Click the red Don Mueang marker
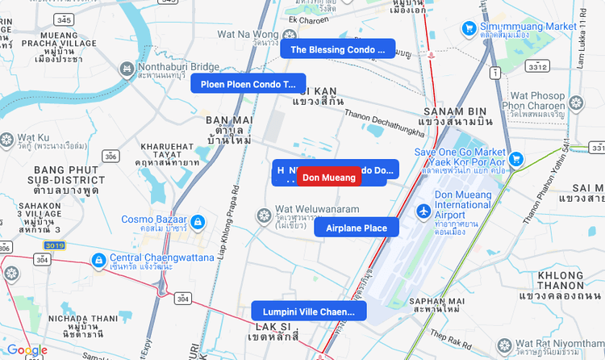coord(328,178)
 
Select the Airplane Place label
coord(357,228)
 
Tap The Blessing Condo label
coord(338,50)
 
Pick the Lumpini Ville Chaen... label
coord(308,312)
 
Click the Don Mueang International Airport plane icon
coord(423,211)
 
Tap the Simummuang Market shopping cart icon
coord(469,27)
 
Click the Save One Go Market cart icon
coord(516,158)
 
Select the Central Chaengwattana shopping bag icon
coord(98,259)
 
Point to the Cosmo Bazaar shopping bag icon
coord(198,221)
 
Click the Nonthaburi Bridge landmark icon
coord(127,70)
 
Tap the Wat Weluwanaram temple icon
coord(262,216)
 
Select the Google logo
coord(27,350)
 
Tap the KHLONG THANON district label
coord(561,276)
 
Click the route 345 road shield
coord(63,19)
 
